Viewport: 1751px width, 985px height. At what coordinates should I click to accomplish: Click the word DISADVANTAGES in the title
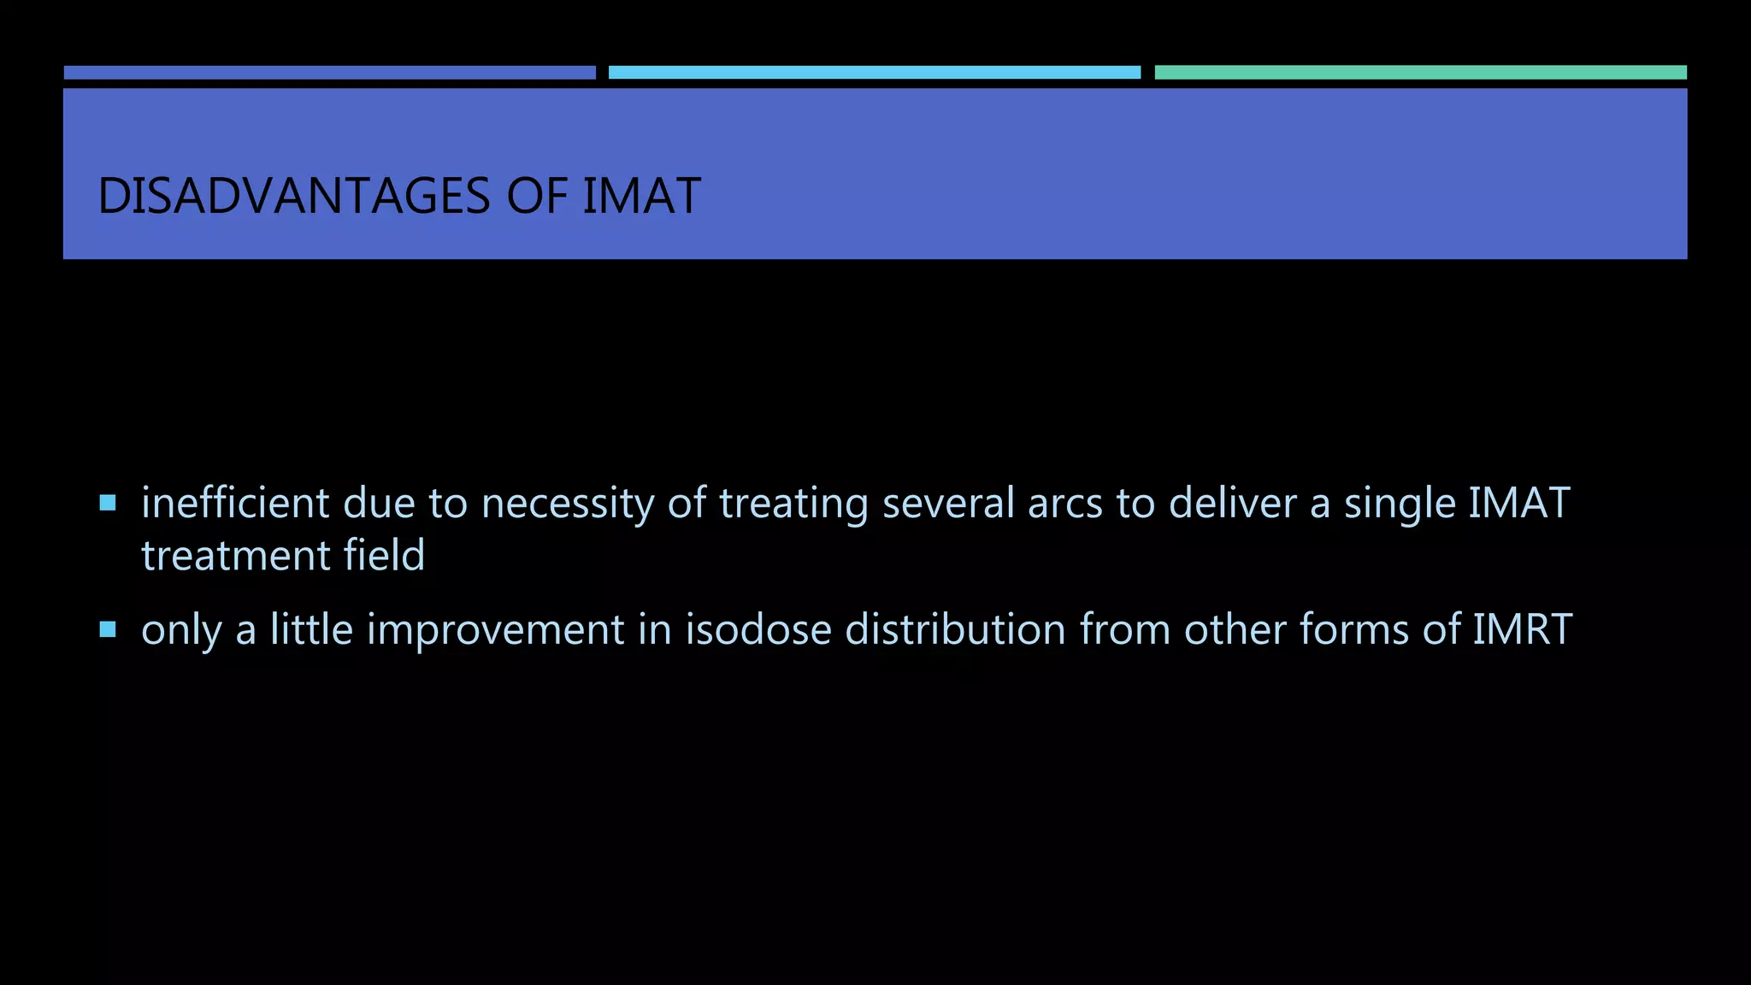pos(294,196)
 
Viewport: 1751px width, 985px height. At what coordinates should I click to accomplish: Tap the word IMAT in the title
pos(641,196)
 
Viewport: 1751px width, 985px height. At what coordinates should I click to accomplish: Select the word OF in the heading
pos(537,196)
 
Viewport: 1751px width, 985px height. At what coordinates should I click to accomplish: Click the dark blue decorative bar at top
pos(329,73)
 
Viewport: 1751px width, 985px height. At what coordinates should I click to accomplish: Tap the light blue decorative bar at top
pos(874,73)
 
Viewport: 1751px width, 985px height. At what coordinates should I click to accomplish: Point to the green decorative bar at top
pos(1420,73)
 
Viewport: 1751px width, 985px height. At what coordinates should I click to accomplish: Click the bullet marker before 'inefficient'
pos(108,503)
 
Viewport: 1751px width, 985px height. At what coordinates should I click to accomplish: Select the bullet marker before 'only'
pos(108,630)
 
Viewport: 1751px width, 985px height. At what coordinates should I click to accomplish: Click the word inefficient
pos(235,503)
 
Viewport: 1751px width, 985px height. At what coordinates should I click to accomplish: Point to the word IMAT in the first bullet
pos(1518,503)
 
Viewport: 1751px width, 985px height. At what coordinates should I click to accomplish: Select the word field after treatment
pos(384,555)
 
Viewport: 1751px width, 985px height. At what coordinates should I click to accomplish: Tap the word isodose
pos(758,630)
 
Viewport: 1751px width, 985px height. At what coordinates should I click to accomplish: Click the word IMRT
pos(1522,630)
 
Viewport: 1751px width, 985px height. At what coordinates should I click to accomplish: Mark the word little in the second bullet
pos(311,630)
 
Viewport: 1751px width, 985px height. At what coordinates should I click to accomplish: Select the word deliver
pos(1232,503)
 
